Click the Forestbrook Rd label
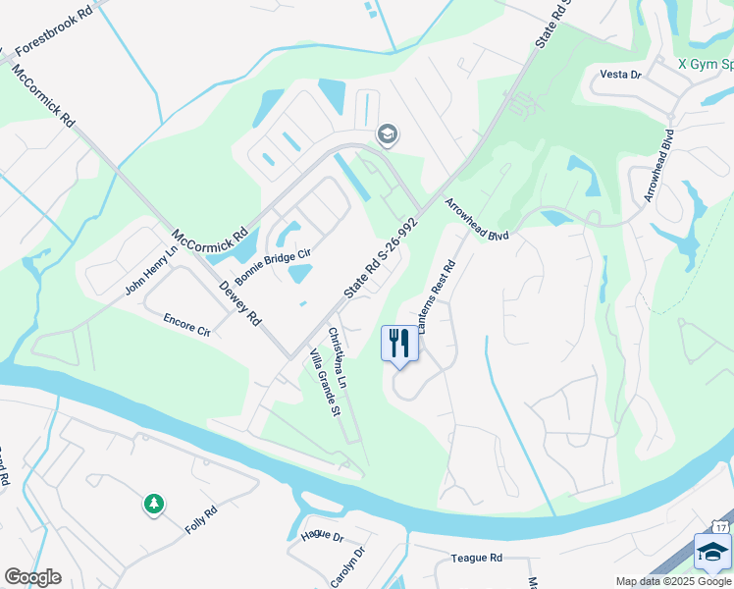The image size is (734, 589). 59,35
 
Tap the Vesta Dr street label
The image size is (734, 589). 620,75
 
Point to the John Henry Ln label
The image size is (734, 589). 150,271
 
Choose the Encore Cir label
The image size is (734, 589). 186,325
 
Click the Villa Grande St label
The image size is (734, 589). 324,382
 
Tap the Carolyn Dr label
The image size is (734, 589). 347,566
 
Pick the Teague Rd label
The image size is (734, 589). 477,557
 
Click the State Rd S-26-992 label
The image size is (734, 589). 381,258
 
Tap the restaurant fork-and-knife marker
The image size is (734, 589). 399,345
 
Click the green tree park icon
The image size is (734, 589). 153,505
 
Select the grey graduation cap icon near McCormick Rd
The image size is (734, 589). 388,134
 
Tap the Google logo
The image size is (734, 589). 32,577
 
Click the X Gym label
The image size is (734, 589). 705,64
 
